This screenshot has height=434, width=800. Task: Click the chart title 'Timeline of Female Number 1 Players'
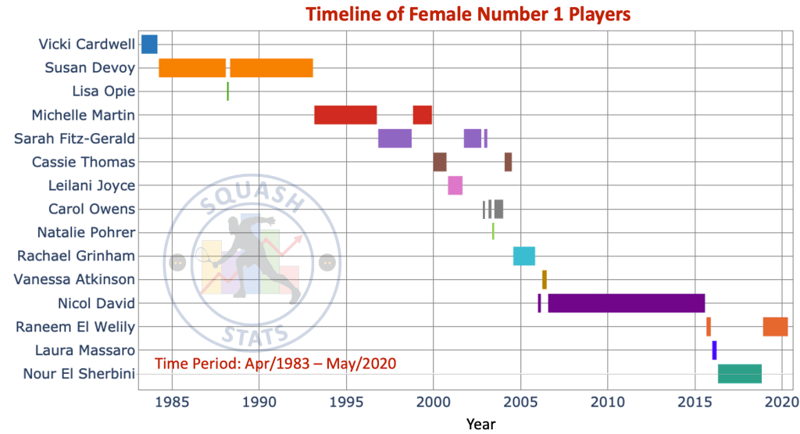coord(467,14)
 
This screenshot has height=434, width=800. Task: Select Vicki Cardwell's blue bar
coord(149,45)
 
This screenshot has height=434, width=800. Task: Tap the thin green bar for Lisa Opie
coord(227,91)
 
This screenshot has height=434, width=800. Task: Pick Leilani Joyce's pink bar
coord(455,185)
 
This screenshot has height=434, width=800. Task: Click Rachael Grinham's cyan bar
coord(523,256)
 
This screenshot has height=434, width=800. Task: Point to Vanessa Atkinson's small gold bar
coord(545,279)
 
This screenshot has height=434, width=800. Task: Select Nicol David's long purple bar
coord(626,303)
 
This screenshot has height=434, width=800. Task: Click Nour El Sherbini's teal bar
coord(739,374)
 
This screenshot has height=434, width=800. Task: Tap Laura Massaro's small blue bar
coord(714,350)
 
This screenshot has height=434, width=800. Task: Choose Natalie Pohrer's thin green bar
coord(493,231)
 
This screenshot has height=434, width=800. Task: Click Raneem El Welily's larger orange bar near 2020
coord(775,326)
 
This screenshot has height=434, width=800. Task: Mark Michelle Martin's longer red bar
coord(345,115)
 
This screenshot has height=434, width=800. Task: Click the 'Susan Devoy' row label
coord(90,68)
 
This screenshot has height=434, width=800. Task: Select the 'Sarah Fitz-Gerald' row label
coord(75,138)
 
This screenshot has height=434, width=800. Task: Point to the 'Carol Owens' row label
coord(91,209)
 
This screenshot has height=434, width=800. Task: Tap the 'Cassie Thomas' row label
coord(84,162)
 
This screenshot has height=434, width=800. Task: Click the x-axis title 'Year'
coord(480,423)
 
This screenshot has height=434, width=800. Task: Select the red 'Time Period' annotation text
coord(275,363)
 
